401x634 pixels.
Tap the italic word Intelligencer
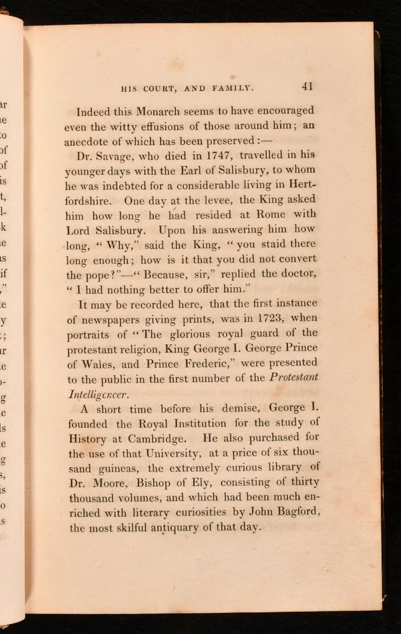point(97,394)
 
